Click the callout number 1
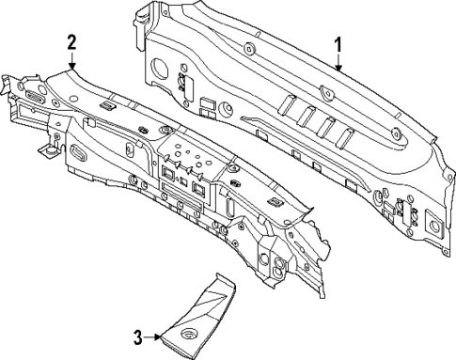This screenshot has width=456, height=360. pos(339,43)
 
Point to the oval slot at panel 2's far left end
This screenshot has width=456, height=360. pos(34,96)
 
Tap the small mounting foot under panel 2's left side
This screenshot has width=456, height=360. pos(45,149)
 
